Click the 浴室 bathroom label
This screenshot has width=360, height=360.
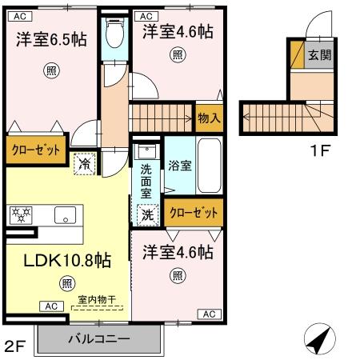point(179,166)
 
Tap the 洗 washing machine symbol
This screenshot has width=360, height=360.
point(147,214)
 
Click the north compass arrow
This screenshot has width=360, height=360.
point(318,341)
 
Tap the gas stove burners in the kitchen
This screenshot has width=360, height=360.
point(19,214)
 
